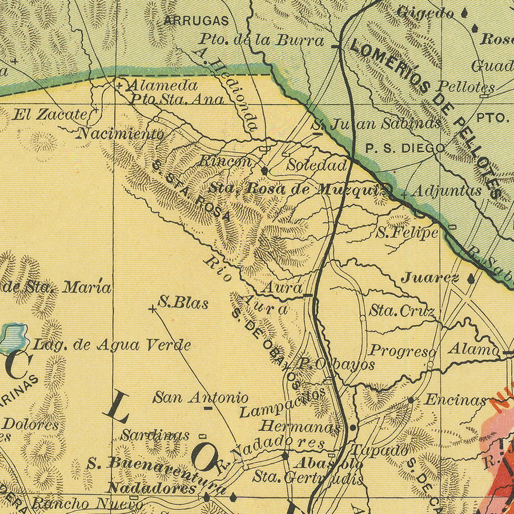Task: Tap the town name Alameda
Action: coord(162,86)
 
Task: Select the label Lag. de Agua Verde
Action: coord(112,345)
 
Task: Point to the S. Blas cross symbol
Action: coord(152,309)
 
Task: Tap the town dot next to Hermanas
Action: coord(353,427)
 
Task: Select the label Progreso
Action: coord(403,351)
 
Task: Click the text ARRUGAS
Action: coord(196,21)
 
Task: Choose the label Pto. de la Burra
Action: coord(262,41)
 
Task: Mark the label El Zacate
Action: coord(49,114)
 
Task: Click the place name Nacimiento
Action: coord(121,134)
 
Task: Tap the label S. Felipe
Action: coord(407,232)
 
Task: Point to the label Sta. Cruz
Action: coord(402,312)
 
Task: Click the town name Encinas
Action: coord(455,400)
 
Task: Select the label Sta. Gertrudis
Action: coord(307,477)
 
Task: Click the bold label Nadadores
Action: coord(152,489)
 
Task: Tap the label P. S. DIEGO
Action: coord(405,148)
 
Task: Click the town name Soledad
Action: coord(317,166)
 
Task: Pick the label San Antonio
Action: coord(200,397)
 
